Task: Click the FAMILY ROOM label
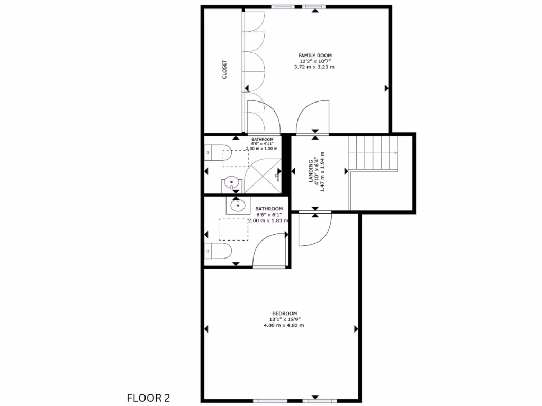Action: pyautogui.click(x=314, y=55)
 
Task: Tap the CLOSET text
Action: pyautogui.click(x=224, y=69)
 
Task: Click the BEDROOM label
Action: pyautogui.click(x=284, y=312)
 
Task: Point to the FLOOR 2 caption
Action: pyautogui.click(x=149, y=397)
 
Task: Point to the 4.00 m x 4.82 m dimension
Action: pyautogui.click(x=284, y=326)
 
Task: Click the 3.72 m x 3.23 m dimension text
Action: pyautogui.click(x=314, y=67)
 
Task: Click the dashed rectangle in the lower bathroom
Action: pyautogui.click(x=234, y=229)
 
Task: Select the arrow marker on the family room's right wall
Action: pyautogui.click(x=386, y=88)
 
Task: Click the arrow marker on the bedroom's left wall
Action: pyautogui.click(x=206, y=329)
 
